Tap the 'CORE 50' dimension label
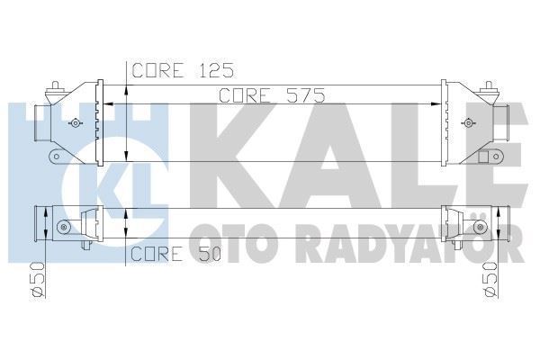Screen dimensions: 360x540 point(175,254)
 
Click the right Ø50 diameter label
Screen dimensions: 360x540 point(491,276)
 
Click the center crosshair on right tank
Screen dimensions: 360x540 point(464,123)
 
